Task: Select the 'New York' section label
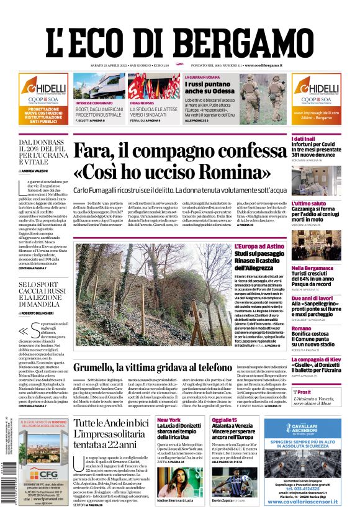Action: [x=168, y=420]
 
